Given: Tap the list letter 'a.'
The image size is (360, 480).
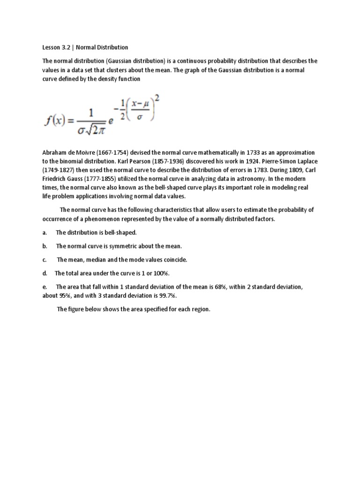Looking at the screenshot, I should [45, 232].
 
